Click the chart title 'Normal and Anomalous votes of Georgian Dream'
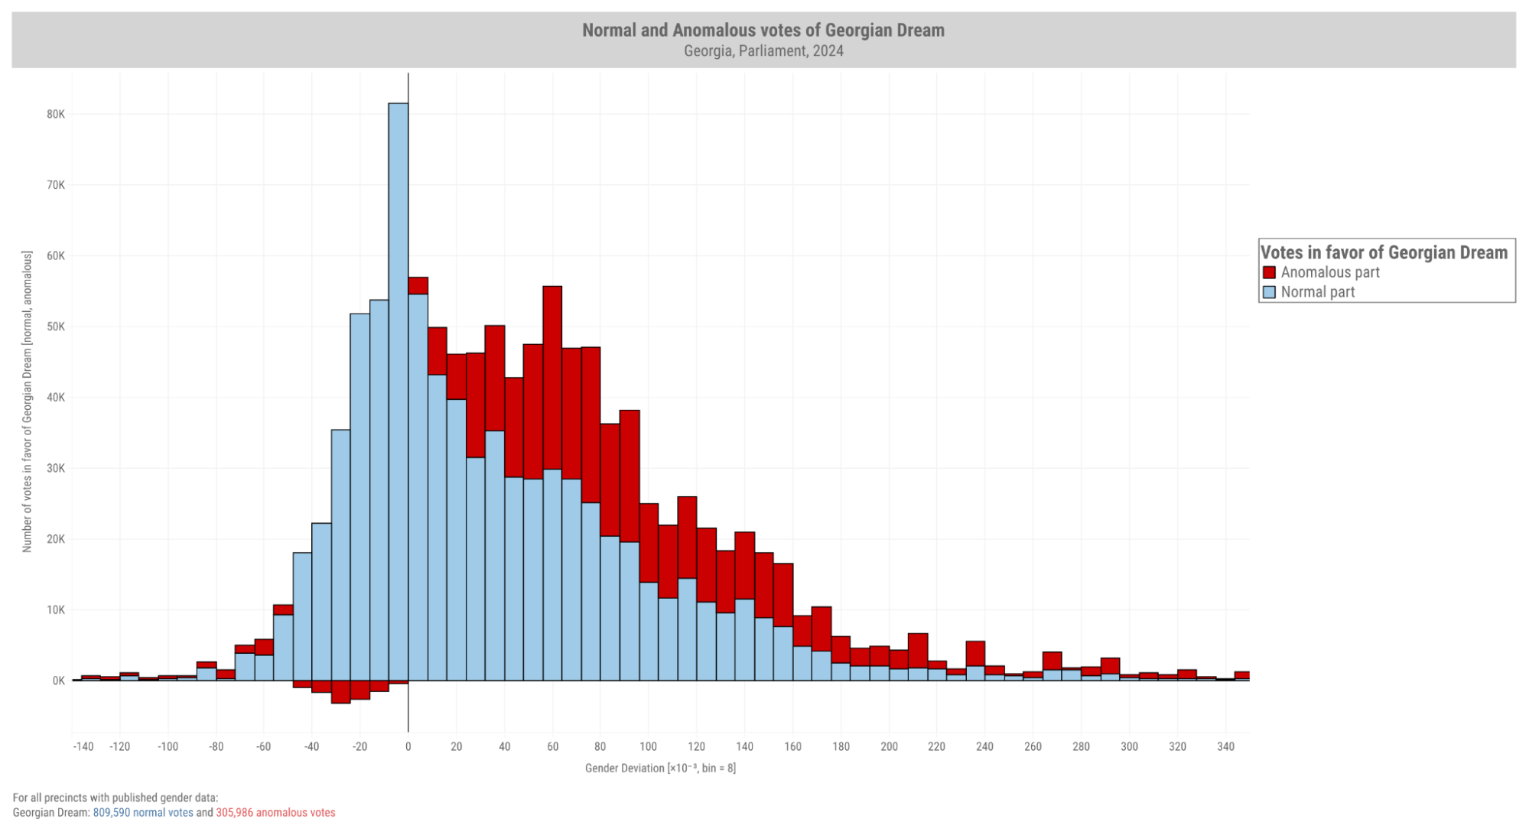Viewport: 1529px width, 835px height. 763,31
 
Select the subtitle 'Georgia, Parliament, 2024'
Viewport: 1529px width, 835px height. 763,51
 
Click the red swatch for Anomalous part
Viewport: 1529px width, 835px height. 1270,273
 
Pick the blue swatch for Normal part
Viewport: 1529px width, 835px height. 1270,292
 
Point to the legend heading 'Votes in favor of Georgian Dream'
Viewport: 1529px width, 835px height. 1384,253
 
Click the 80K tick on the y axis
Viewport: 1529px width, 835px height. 56,114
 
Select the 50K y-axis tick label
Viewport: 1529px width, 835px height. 56,327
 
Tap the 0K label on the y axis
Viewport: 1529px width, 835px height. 58,681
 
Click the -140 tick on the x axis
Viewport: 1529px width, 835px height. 83,746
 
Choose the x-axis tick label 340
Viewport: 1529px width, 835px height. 1225,746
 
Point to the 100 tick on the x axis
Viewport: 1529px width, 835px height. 648,746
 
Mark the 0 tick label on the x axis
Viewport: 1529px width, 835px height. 408,746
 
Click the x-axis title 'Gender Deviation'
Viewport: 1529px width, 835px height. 660,768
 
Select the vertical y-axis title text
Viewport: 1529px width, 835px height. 28,401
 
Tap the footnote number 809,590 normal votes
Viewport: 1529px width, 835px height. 143,813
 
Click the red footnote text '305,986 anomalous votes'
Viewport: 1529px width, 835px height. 275,813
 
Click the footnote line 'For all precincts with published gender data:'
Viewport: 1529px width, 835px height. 115,798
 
